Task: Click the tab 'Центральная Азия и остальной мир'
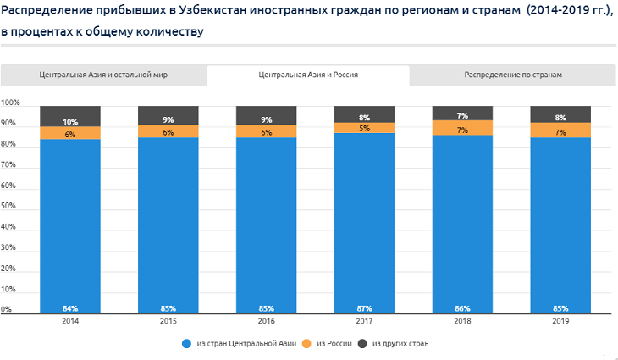click(x=103, y=75)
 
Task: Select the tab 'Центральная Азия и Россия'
click(x=308, y=75)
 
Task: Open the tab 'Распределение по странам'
click(x=513, y=75)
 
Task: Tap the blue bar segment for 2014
click(x=70, y=220)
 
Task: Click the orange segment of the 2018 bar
click(x=463, y=128)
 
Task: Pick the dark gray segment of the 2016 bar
click(x=267, y=114)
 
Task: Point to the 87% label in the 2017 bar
click(x=365, y=308)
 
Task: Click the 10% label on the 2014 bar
click(x=70, y=122)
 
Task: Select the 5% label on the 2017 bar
click(x=365, y=129)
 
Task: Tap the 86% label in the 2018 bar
click(x=463, y=308)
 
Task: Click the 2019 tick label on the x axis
click(x=560, y=322)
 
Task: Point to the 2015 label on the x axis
click(x=168, y=322)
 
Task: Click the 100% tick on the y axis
click(x=10, y=102)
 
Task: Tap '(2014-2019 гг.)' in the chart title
click(x=568, y=12)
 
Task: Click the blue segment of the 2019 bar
click(x=560, y=220)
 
